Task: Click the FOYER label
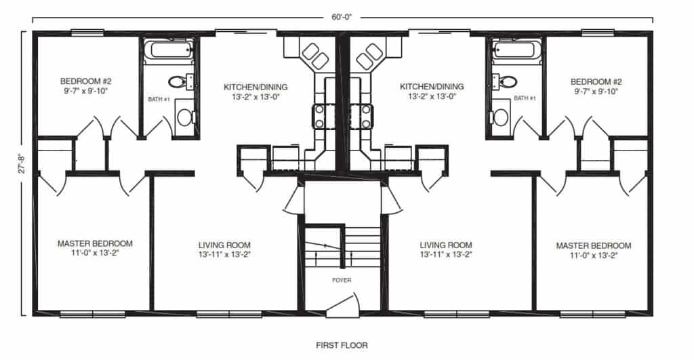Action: tap(342, 280)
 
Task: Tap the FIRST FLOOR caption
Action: tap(342, 345)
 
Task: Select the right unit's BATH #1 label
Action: tap(524, 99)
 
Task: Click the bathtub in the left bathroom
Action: tap(171, 49)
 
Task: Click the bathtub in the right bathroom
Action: tap(516, 49)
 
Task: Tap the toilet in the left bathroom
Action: tap(178, 82)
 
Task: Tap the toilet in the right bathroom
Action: tap(507, 82)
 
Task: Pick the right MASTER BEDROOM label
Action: tap(593, 245)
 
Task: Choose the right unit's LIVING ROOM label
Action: tap(445, 245)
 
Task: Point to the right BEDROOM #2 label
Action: tap(597, 82)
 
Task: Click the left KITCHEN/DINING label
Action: tap(256, 87)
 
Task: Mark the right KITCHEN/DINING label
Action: tap(432, 87)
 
